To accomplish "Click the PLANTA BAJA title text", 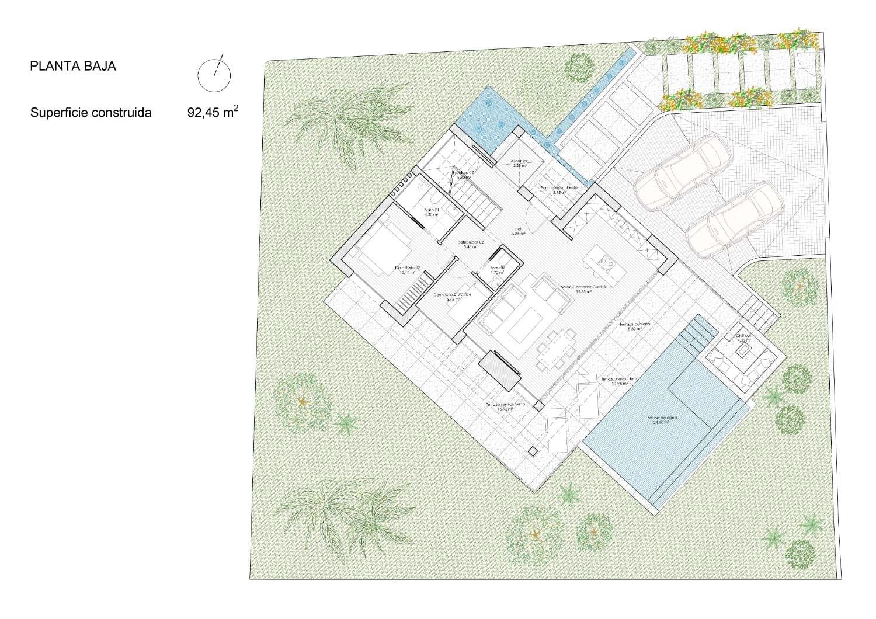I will tap(73, 66).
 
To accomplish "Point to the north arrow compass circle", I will tap(214, 74).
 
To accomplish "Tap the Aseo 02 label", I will tap(498, 269).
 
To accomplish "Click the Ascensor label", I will tap(519, 163).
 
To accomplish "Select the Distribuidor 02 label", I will tap(470, 244).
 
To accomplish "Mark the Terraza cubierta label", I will tap(635, 325).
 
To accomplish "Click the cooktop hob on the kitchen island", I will tap(608, 265).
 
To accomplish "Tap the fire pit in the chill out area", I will tap(743, 351).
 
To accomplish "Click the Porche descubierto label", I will tap(558, 189).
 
